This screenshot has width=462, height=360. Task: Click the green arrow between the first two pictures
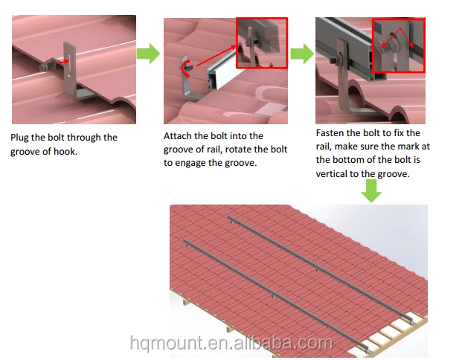point(148,54)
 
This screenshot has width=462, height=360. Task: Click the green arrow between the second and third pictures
point(302,54)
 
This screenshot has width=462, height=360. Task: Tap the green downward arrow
point(371,191)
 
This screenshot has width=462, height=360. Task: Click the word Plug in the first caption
point(19,138)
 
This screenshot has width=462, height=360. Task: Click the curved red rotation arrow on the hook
point(186,68)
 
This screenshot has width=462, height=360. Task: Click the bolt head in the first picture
point(43,68)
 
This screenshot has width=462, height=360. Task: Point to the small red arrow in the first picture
point(62,62)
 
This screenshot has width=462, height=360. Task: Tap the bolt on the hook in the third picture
point(335,61)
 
